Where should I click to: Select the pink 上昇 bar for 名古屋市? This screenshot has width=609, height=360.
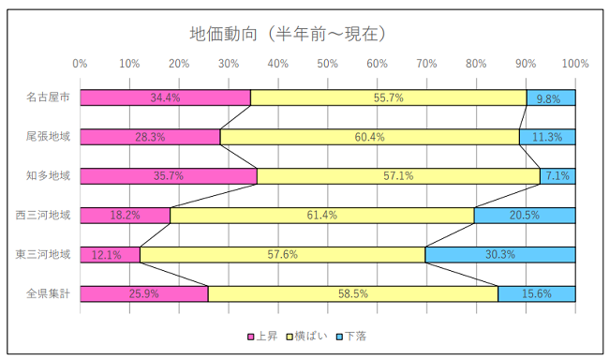165,97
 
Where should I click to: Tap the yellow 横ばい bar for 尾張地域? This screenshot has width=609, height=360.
369,137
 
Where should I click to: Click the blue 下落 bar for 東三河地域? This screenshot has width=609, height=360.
499,254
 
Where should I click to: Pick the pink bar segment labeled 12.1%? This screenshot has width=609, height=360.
110,254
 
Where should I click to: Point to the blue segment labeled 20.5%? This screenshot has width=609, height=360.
524,215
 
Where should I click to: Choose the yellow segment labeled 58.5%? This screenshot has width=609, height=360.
352,293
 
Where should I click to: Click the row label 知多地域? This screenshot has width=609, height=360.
48,176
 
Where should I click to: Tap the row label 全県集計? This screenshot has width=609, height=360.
48,293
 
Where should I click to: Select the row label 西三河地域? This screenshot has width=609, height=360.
43,215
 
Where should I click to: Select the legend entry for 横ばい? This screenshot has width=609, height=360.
309,336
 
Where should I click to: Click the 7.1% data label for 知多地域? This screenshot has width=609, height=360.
558,176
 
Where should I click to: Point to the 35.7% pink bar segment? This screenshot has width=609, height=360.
169,176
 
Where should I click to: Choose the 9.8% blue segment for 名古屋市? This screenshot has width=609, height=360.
550,97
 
